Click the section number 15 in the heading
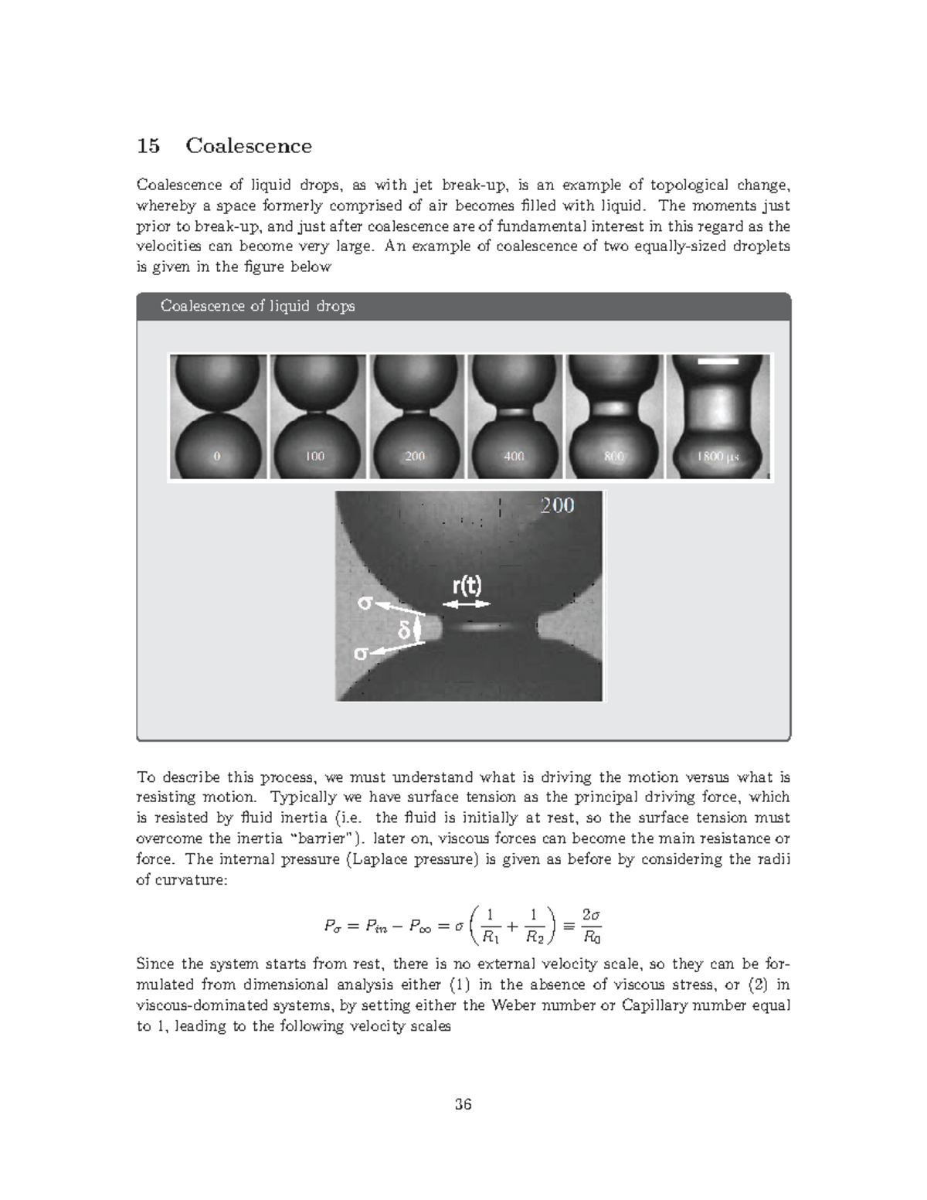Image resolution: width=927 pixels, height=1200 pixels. [x=148, y=146]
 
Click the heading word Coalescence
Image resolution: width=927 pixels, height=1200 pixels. [x=249, y=146]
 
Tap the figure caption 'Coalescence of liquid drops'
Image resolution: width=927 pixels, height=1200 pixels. [x=257, y=306]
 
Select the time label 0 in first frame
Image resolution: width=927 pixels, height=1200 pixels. [x=217, y=456]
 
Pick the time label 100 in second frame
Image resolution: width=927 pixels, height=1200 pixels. [x=314, y=456]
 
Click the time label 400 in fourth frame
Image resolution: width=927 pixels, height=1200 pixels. [x=514, y=456]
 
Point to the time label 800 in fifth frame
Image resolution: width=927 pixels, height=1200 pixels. [x=613, y=456]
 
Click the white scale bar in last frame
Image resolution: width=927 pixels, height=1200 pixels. [x=718, y=361]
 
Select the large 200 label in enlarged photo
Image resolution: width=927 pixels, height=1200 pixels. [x=556, y=505]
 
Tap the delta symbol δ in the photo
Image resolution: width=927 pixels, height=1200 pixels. [x=402, y=631]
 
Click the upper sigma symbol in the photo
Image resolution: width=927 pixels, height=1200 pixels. [x=364, y=603]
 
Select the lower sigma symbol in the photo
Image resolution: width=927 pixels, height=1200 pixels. [x=360, y=654]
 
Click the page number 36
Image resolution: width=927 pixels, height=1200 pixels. [x=463, y=1104]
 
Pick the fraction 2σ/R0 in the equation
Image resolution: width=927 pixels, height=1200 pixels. [x=591, y=926]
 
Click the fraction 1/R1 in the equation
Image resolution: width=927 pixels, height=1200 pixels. [x=491, y=926]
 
